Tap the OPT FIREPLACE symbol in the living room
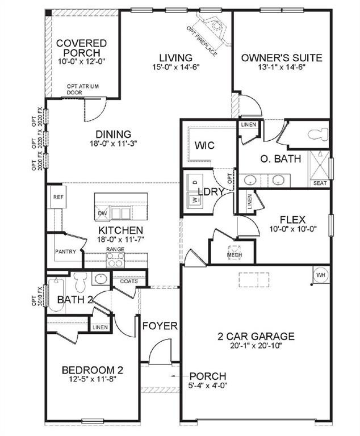(215, 26)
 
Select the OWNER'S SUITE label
(282, 57)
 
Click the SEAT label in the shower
(320, 183)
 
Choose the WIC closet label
(204, 146)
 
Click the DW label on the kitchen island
(103, 213)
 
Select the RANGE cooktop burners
(116, 259)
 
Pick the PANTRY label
(65, 251)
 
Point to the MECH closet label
(234, 255)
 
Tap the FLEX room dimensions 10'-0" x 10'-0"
(292, 229)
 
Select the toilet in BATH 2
(80, 280)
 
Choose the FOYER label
(160, 326)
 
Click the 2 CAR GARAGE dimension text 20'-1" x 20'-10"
(256, 345)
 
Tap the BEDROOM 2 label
(92, 371)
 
